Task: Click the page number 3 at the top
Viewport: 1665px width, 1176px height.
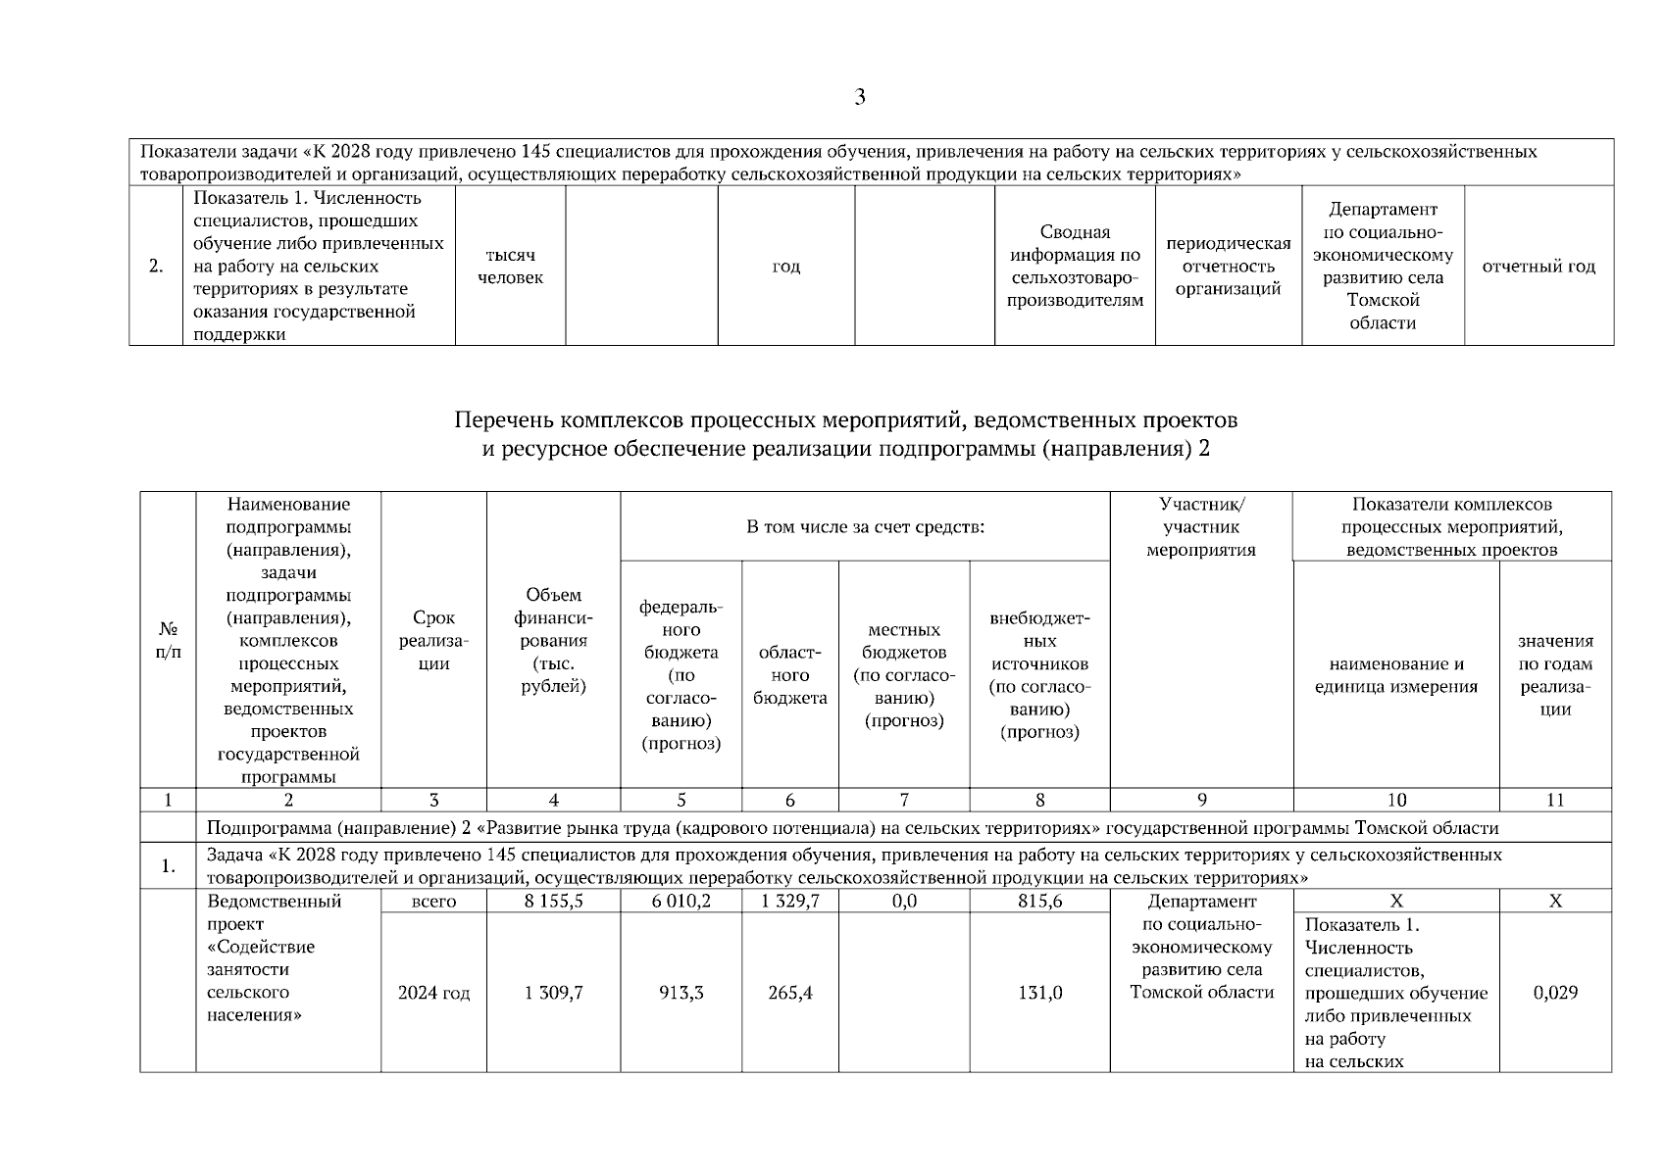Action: tap(860, 97)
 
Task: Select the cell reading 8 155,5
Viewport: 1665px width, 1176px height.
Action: tap(553, 901)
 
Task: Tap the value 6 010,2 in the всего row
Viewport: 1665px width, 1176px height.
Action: tap(681, 901)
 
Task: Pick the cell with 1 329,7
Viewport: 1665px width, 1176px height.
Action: tap(789, 901)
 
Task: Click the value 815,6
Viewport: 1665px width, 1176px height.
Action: tap(1039, 901)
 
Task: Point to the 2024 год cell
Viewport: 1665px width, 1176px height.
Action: tap(433, 993)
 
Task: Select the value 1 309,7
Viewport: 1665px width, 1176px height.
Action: tap(553, 993)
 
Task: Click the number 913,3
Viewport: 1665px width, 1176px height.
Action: tap(681, 993)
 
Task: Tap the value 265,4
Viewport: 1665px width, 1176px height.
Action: tap(789, 993)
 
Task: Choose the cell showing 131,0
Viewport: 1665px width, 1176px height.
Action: tap(1039, 993)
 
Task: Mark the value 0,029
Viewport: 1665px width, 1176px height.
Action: tap(1555, 993)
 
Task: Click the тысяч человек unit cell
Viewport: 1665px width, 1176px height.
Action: tap(510, 267)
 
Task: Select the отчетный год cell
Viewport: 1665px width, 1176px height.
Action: tap(1539, 267)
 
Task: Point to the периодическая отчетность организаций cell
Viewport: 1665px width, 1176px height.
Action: tap(1228, 267)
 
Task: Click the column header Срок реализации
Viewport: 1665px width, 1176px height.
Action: tap(433, 641)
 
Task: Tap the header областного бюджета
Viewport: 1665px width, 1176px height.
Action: tap(789, 675)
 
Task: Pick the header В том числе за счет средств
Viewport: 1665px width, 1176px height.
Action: tap(865, 527)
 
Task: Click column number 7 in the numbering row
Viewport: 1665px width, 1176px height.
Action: tap(904, 800)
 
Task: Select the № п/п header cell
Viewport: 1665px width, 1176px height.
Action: tap(168, 641)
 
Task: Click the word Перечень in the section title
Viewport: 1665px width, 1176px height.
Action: tap(503, 421)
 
